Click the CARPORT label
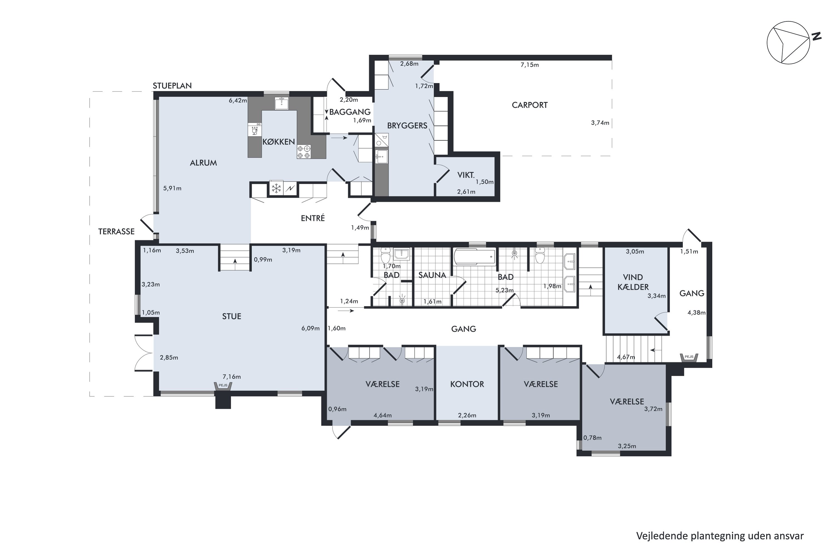(x=529, y=105)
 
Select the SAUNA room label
(x=432, y=275)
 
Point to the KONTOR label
(x=467, y=384)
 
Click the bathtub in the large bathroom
(x=475, y=257)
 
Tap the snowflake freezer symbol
(x=276, y=188)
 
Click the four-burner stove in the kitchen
(x=304, y=152)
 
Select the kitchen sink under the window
(x=282, y=103)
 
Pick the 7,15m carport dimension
(x=529, y=65)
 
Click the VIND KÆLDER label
(x=633, y=282)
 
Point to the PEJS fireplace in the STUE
(x=223, y=386)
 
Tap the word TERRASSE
(x=116, y=232)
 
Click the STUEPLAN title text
(x=172, y=86)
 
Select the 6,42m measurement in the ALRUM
(x=238, y=101)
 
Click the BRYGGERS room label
(x=407, y=126)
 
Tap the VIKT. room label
(x=466, y=175)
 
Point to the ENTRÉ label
(x=313, y=218)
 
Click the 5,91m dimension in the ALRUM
(x=172, y=188)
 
